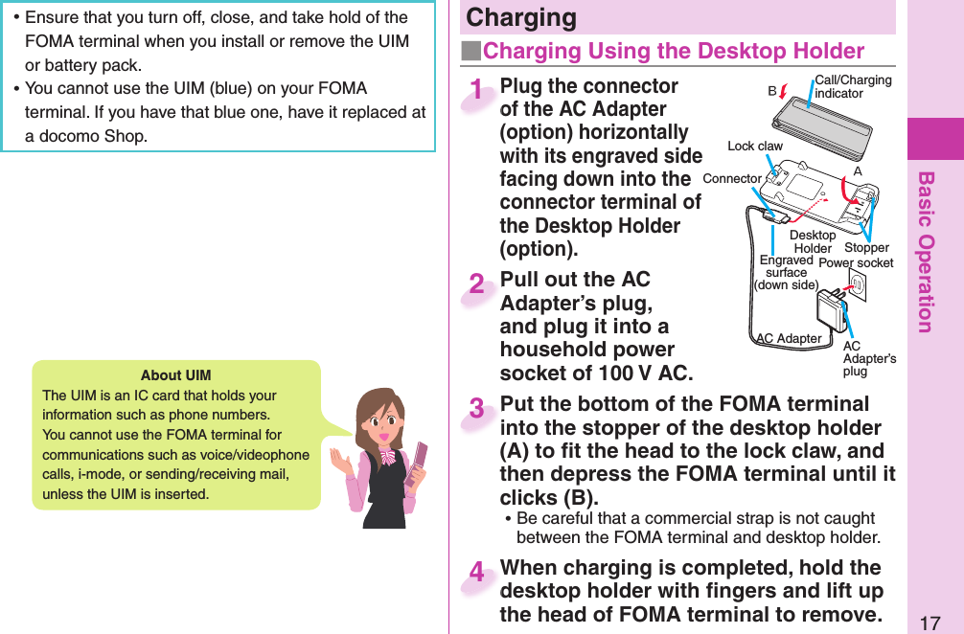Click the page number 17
(929, 623)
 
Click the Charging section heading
(521, 18)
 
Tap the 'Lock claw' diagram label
(754, 147)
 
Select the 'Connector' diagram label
(731, 179)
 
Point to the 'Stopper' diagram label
(866, 248)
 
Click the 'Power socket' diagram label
(856, 263)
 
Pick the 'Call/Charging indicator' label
(852, 86)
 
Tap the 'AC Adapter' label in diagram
(788, 338)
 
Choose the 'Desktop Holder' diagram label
(813, 241)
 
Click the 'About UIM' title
(175, 374)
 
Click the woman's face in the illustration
(378, 420)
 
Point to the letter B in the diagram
(771, 93)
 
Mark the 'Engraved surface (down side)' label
(786, 272)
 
